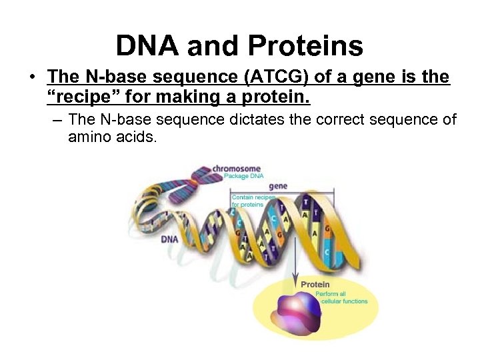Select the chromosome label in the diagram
236,169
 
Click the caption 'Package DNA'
243,177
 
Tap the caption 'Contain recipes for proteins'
252,201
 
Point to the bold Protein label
315,285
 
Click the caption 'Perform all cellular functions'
340,297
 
